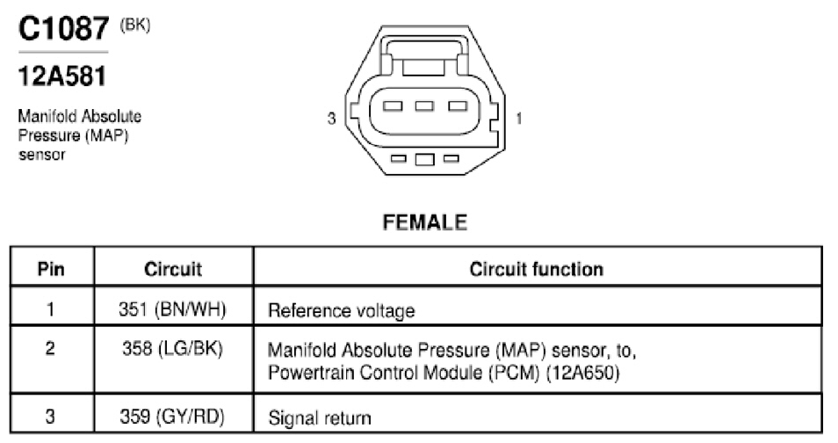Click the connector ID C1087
63,28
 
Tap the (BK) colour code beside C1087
135,25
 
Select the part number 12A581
62,76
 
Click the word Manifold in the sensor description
46,116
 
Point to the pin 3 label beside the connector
332,118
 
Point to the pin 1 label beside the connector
518,118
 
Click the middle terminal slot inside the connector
424,106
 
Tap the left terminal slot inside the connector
393,106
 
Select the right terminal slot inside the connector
458,106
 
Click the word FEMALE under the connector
425,222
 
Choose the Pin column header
51,269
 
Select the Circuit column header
173,269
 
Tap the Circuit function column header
537,269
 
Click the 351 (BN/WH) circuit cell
173,309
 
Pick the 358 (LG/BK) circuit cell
173,348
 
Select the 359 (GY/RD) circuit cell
172,417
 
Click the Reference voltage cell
342,311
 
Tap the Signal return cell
320,418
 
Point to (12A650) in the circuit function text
582,372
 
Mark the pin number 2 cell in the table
50,348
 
